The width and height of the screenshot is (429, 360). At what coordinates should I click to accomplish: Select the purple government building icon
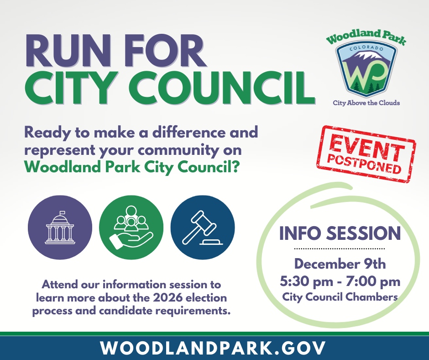click(60, 228)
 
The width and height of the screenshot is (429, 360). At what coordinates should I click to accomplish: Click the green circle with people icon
click(131, 228)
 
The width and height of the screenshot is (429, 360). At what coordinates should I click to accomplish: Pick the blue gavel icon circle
click(202, 228)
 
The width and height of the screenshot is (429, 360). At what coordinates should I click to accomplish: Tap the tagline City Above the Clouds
click(366, 103)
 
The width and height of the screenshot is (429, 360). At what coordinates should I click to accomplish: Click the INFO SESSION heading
click(340, 233)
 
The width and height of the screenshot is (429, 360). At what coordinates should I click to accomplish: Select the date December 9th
click(340, 264)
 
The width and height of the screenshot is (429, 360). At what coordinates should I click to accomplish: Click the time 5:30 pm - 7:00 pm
click(340, 281)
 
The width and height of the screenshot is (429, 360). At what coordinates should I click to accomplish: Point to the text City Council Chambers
click(340, 297)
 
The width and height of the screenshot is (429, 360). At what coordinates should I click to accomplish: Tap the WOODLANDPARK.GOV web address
click(214, 348)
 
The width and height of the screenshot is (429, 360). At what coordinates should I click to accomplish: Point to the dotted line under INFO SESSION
click(340, 249)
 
